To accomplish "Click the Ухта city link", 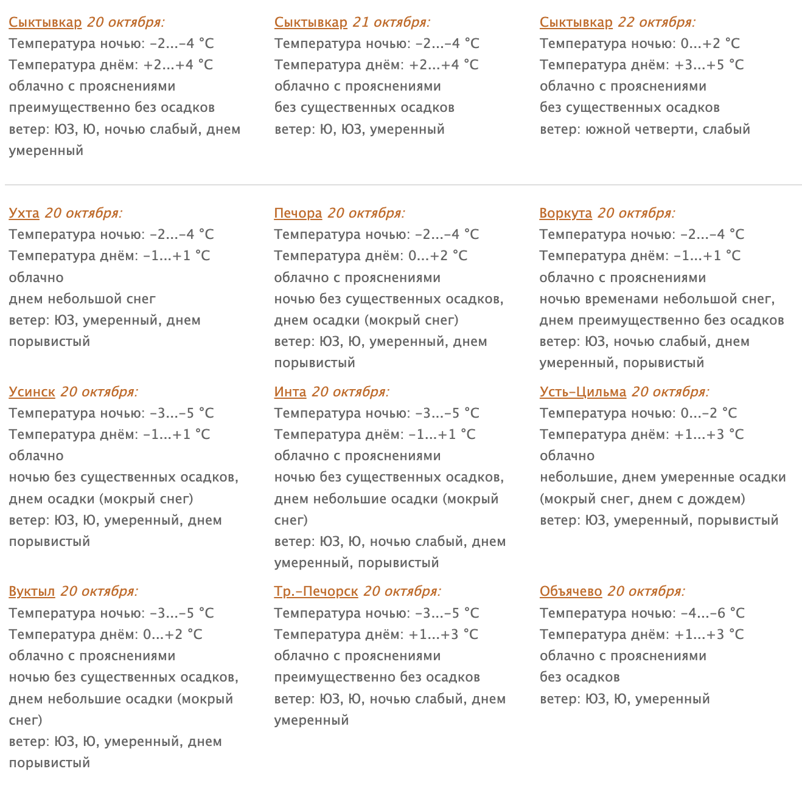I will [24, 213].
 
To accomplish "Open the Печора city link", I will [298, 213].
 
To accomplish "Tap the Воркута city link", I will [565, 213].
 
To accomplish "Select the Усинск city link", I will [32, 392].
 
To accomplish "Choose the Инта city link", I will [290, 392].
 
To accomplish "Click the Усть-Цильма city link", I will [582, 392].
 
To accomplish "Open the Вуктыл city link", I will [32, 592].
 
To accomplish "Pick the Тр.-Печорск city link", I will [316, 592].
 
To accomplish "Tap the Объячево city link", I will [570, 592].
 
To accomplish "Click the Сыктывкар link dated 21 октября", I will [310, 22].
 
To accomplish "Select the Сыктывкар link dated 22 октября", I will [576, 22].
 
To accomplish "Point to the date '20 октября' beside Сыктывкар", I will [125, 22].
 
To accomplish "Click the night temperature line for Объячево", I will [641, 613].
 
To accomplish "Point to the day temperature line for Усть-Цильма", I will [641, 435].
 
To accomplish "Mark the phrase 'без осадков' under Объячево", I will [579, 677].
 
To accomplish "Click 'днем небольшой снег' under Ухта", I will [82, 299].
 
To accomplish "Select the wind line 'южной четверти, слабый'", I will [644, 129].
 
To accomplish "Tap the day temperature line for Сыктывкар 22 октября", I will [641, 65].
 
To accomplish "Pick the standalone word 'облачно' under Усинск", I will [36, 456].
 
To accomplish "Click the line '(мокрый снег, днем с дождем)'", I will [642, 499].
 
